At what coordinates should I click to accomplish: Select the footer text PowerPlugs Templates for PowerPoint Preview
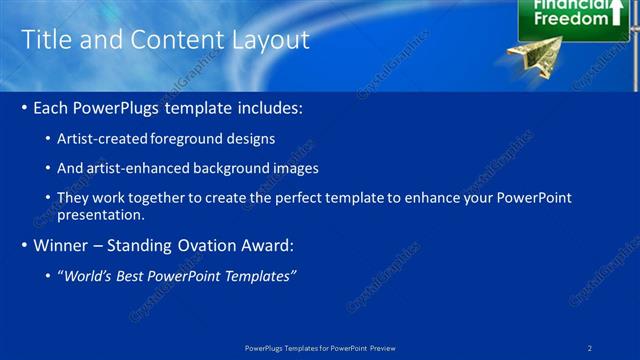[x=320, y=347]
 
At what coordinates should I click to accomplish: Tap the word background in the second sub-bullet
[x=228, y=168]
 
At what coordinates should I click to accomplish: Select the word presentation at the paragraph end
[x=101, y=214]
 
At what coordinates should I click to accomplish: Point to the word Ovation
[x=200, y=245]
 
